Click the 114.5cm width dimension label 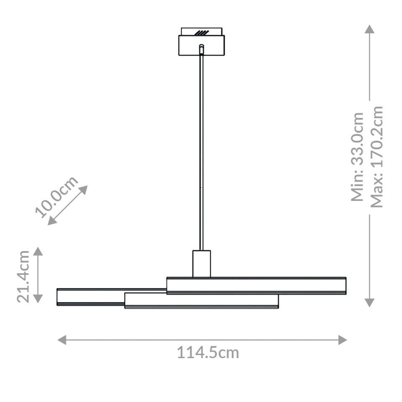coord(208,353)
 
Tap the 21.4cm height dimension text coord(23,276)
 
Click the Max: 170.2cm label coord(377,157)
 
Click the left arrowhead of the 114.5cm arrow coord(62,340)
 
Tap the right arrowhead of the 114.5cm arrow coord(343,340)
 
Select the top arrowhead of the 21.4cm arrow coord(38,251)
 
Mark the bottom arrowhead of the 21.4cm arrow coord(38,298)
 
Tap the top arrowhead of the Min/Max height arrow coord(369,29)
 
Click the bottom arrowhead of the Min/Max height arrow coord(369,302)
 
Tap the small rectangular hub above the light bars coord(201,264)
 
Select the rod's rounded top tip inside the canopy coord(201,46)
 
